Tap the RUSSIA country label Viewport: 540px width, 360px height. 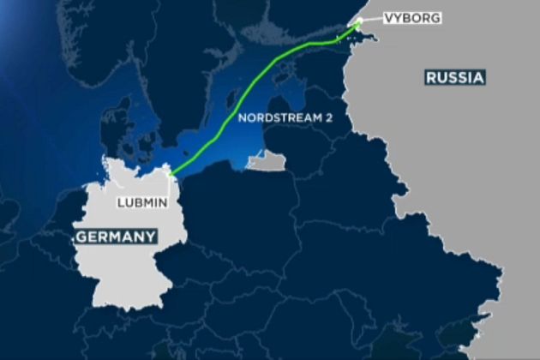455,78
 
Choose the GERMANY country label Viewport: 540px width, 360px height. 114,237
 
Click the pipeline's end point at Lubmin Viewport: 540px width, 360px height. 171,177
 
